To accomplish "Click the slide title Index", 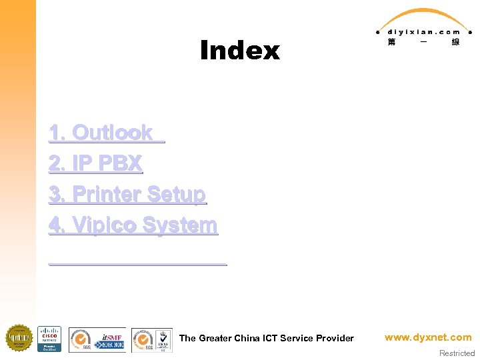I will (239, 51).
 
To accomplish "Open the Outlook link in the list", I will (112, 133).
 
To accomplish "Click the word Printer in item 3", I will (107, 194).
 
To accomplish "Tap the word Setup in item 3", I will (176, 194).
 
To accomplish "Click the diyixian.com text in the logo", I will (424, 31).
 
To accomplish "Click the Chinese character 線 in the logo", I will (455, 42).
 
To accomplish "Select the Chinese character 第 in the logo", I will (391, 42).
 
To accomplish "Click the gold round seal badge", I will (19, 338).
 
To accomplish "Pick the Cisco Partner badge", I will (49, 339).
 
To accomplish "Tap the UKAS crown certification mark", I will (163, 339).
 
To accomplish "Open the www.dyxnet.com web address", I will (428, 337).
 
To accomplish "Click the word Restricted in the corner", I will (457, 353).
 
